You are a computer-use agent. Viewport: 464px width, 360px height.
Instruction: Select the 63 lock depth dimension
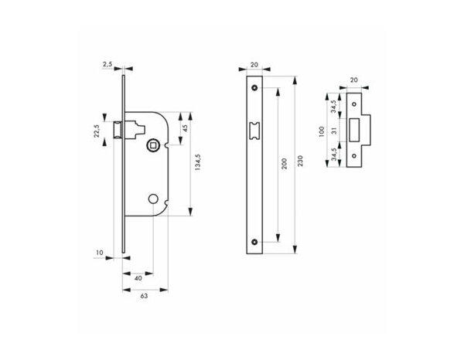[x=143, y=294]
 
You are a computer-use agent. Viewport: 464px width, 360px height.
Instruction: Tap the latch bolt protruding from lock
[x=118, y=129]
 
